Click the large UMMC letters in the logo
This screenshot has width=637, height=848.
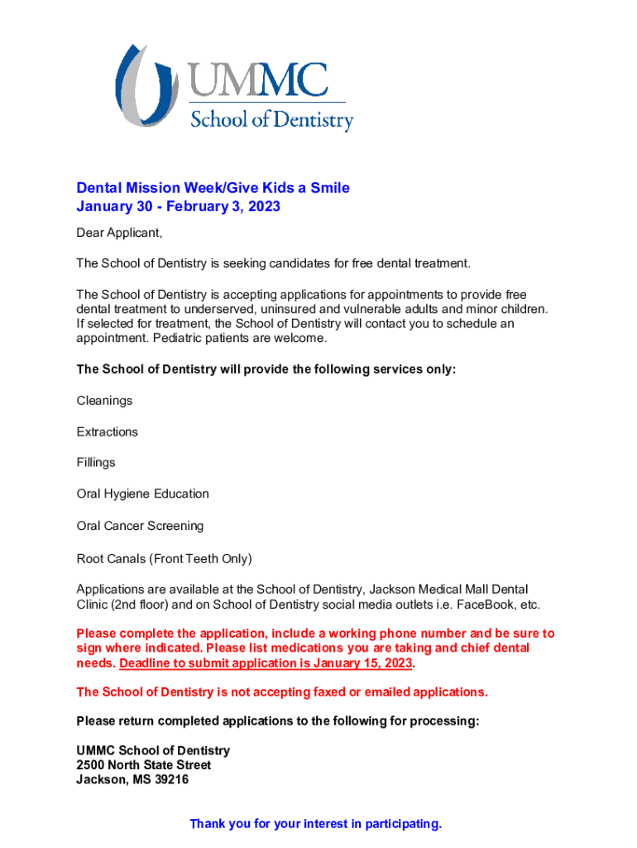pyautogui.click(x=258, y=80)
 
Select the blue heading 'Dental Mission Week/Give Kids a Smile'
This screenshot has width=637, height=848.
pyautogui.click(x=213, y=188)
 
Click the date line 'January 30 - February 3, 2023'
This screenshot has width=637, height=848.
pyautogui.click(x=178, y=206)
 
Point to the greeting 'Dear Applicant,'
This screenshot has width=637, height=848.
pyautogui.click(x=119, y=233)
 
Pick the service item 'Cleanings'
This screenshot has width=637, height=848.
pyautogui.click(x=104, y=401)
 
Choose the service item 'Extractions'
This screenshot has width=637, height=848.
pyautogui.click(x=107, y=432)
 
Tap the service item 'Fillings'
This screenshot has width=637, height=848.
pyautogui.click(x=96, y=463)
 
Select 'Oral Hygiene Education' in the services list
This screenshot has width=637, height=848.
pyautogui.click(x=142, y=494)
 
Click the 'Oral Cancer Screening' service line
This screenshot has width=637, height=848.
pyautogui.click(x=140, y=526)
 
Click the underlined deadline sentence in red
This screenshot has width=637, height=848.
pyautogui.click(x=266, y=664)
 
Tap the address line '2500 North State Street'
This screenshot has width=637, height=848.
pyautogui.click(x=143, y=765)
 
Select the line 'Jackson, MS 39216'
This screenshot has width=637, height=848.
pyautogui.click(x=132, y=780)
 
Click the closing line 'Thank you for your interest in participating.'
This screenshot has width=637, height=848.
pyautogui.click(x=316, y=824)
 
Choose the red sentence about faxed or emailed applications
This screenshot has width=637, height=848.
pyautogui.click(x=282, y=692)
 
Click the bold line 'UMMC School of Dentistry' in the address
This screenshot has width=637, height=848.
pyautogui.click(x=153, y=750)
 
